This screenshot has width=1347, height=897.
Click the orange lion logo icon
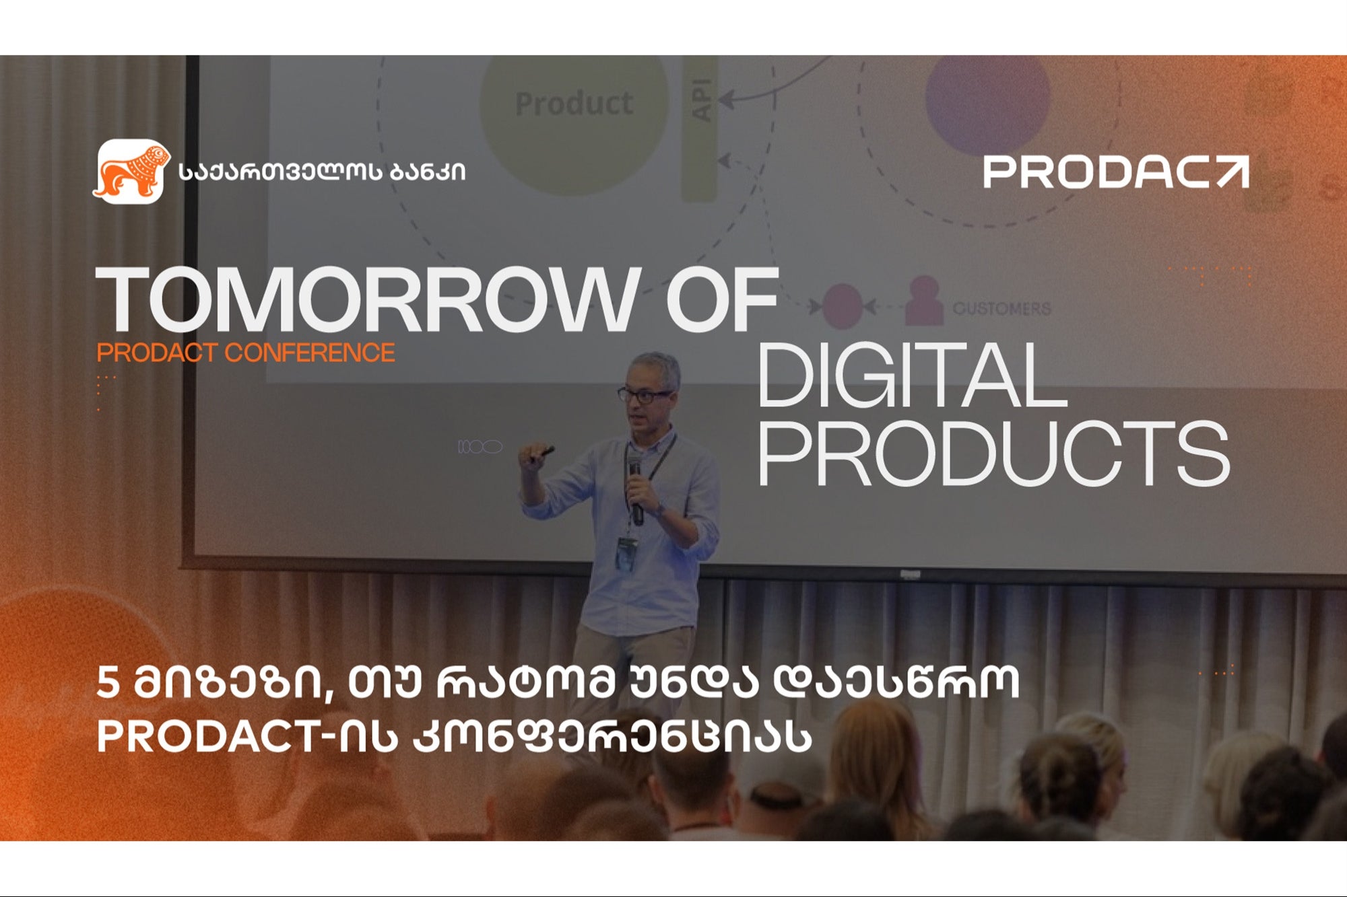click(129, 172)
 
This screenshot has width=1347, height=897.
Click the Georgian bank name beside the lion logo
click(322, 172)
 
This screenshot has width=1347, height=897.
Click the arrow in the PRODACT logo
click(1232, 172)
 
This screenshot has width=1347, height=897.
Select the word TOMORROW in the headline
click(367, 299)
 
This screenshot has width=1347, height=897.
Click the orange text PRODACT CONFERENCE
click(246, 353)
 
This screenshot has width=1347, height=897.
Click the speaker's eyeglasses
click(645, 396)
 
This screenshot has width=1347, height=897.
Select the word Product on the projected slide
click(574, 104)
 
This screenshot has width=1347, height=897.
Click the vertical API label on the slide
click(702, 100)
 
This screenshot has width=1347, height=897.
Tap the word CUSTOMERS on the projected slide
click(1001, 308)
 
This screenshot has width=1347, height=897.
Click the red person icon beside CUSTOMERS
click(923, 301)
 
